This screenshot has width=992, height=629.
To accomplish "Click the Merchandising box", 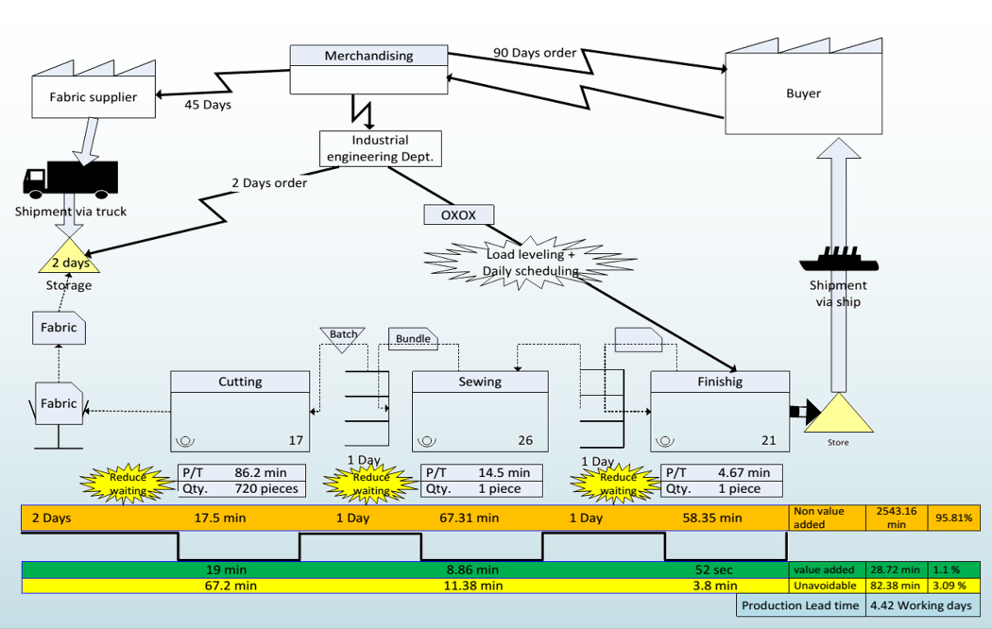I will tap(368, 69).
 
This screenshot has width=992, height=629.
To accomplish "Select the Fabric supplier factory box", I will tap(93, 96).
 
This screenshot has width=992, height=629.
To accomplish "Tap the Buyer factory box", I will tap(803, 93).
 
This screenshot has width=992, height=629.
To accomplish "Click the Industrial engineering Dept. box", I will tap(380, 148).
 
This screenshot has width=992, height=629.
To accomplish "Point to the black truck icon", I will tap(71, 178).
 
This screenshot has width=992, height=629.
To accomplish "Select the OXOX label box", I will tap(459, 214).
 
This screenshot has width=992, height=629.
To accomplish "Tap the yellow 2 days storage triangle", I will tap(70, 258).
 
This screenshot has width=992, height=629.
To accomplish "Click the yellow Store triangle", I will tap(838, 416).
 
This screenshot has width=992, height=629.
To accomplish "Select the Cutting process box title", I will tap(240, 382).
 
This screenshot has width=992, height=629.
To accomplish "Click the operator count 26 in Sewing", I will tap(525, 440).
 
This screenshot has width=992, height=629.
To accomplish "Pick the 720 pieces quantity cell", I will tap(265, 488).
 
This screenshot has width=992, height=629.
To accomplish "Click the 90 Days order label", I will tap(535, 53).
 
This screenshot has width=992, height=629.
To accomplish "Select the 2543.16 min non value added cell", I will tap(897, 517).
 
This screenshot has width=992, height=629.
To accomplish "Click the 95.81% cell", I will tap(954, 517).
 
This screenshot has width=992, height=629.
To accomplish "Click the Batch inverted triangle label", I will tap(344, 336).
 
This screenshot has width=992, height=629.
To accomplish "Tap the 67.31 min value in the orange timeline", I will tap(470, 518).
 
